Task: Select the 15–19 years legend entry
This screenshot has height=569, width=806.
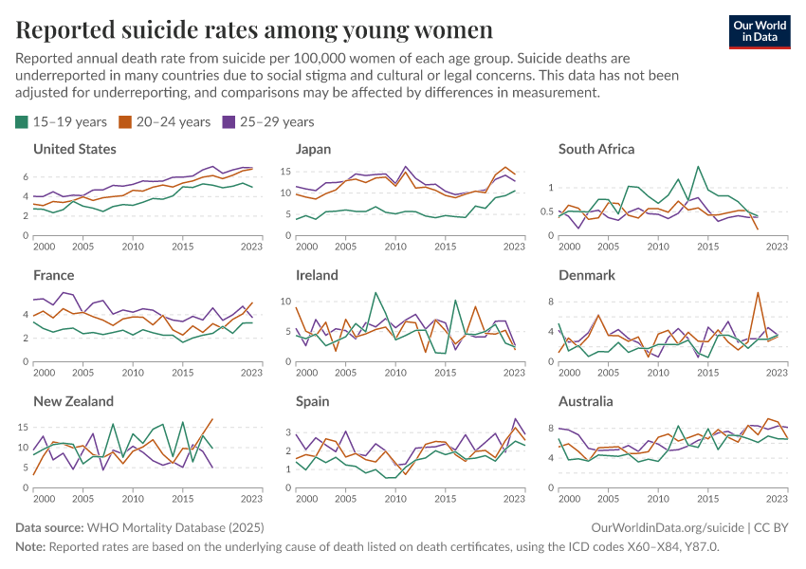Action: click(x=61, y=121)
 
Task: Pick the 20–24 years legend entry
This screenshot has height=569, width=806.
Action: click(x=163, y=121)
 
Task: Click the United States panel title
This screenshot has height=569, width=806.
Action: click(x=75, y=149)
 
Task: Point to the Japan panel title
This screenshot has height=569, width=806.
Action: click(x=313, y=149)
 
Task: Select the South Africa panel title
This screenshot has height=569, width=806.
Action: click(x=596, y=149)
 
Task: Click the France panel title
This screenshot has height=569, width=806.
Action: click(x=53, y=275)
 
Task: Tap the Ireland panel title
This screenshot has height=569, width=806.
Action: click(x=317, y=275)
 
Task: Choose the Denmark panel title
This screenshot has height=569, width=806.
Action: click(x=587, y=275)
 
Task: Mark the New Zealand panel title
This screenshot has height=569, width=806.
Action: click(x=73, y=401)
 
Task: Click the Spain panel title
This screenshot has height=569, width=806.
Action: click(x=313, y=401)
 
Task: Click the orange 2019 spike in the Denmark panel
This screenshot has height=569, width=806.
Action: click(x=758, y=293)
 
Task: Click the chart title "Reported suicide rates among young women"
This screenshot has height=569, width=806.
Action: click(x=254, y=29)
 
